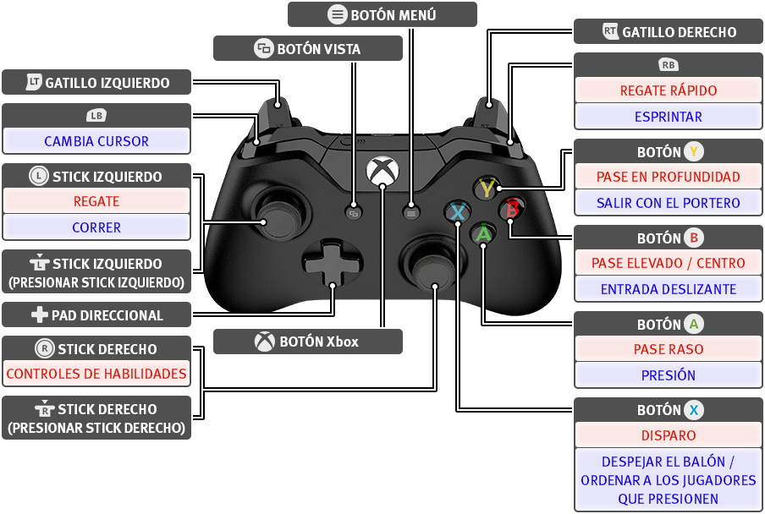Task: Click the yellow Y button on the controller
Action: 486,188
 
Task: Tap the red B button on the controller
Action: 512,209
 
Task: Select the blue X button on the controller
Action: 458,212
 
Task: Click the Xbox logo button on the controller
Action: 382,171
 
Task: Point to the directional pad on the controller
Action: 333,264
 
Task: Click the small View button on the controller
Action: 354,213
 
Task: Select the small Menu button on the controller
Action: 411,213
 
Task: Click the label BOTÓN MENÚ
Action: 394,15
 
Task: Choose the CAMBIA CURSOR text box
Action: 96,141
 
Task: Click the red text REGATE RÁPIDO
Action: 669,90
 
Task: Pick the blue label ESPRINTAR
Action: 669,117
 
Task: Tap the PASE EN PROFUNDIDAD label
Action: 669,177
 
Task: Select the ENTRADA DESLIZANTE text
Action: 669,289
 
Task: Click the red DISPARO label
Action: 669,435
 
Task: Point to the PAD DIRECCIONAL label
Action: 107,315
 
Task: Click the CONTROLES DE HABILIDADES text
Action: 96,374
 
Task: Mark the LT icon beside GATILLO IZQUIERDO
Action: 34,82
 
